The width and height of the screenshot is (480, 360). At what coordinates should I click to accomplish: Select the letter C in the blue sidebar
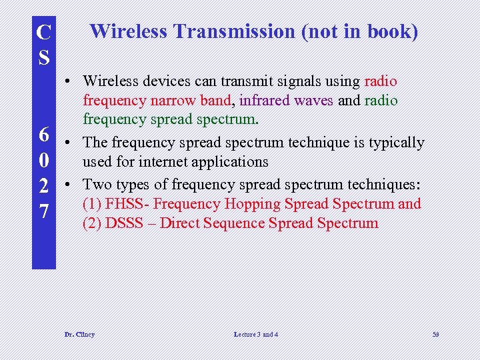tap(44, 31)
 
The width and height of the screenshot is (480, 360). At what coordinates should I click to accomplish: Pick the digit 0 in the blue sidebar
tap(44, 161)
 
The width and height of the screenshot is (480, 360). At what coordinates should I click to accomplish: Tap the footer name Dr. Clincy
tap(79, 334)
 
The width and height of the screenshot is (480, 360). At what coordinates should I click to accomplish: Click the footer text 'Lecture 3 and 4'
tap(256, 334)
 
